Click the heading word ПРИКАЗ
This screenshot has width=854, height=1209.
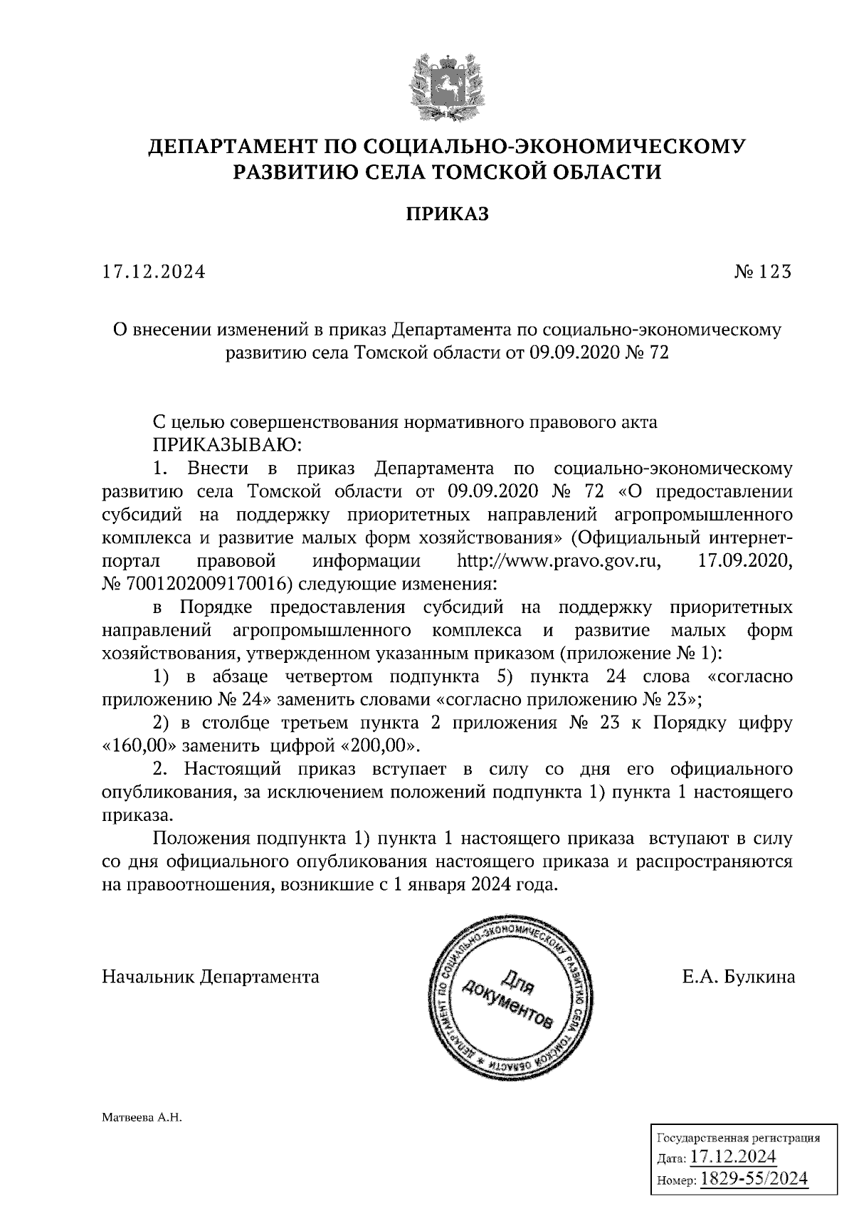[448, 214]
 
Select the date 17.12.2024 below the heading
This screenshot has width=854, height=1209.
[154, 272]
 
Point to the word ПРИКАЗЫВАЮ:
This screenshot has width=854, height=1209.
[228, 446]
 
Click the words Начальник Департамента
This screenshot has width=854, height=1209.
[211, 977]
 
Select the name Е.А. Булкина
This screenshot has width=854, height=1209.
[738, 977]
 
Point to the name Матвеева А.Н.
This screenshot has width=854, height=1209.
[142, 1119]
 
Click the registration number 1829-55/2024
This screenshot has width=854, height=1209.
[754, 1179]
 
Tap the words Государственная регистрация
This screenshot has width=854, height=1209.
[737, 1138]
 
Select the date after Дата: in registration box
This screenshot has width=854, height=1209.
[733, 1157]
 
